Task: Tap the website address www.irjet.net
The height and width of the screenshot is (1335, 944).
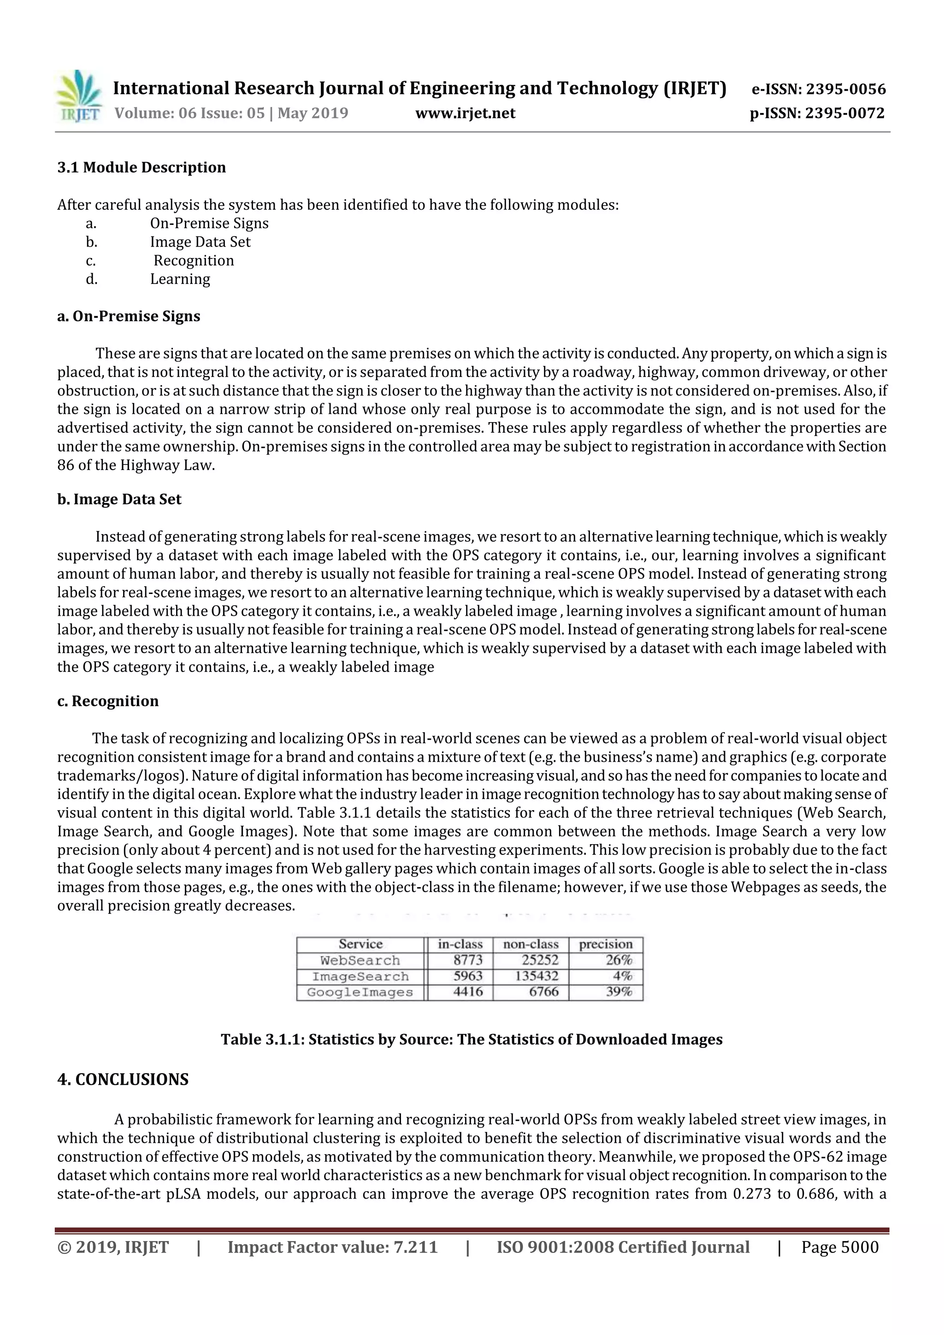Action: pos(465,113)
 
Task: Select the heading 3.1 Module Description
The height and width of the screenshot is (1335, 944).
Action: pos(142,167)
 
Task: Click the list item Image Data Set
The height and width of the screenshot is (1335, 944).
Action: pos(200,242)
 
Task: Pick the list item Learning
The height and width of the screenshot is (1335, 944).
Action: pos(180,279)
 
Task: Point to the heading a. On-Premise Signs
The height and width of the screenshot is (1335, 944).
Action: pos(129,316)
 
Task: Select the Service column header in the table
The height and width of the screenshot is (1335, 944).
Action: pos(360,944)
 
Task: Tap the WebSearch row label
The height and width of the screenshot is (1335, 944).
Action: pos(360,960)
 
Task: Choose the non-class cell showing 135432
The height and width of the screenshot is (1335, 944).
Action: pos(536,976)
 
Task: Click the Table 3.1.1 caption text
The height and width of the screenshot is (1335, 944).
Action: pos(471,1040)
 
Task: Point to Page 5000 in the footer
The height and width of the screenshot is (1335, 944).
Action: pos(839,1247)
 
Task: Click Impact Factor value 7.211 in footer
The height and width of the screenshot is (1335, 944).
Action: pos(332,1247)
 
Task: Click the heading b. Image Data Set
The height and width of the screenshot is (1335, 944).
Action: pos(119,500)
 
